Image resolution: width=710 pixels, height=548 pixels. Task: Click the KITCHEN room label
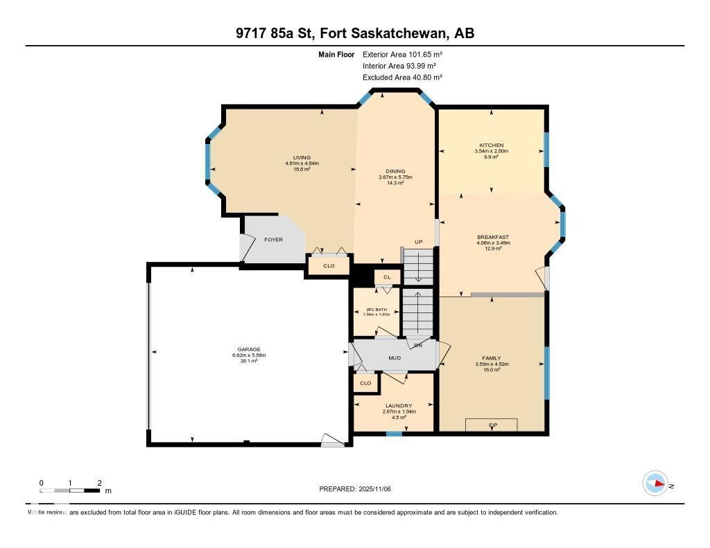coord(492,145)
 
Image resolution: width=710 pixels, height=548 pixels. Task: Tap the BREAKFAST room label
coord(493,237)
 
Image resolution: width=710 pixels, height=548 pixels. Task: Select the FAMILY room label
coord(492,358)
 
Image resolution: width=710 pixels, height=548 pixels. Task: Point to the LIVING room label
coord(302,157)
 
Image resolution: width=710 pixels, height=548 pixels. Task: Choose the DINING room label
coord(395,172)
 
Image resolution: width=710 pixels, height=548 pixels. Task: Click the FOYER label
coord(274,240)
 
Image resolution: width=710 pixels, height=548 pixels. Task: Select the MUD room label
coord(395,358)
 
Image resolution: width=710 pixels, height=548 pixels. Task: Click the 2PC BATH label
coord(376,309)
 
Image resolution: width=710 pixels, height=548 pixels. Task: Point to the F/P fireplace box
coord(491,424)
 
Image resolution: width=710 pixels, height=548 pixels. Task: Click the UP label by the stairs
coord(418,242)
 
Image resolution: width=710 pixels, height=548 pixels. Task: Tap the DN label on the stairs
coord(418,345)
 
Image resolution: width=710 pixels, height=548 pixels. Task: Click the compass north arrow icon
coord(655,484)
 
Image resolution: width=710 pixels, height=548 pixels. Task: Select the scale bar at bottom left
coord(70,490)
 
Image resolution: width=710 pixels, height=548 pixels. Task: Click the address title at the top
coord(354,33)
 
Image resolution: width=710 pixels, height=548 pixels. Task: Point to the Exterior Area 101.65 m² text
coord(402,54)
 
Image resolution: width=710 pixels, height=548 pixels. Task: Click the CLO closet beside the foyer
coord(329,265)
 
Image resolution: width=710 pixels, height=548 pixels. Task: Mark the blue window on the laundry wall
coord(394,434)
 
